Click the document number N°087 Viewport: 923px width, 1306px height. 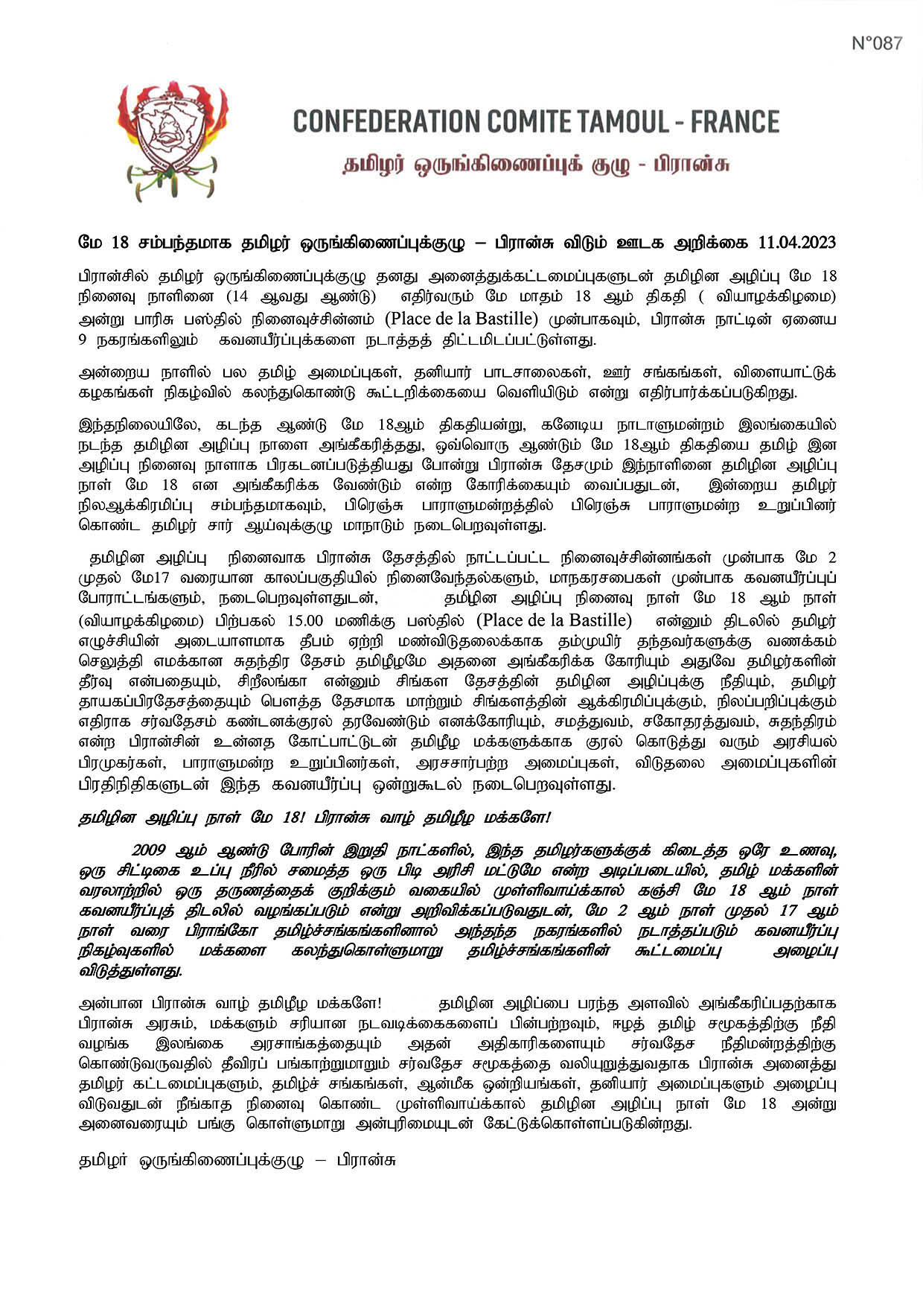point(876,43)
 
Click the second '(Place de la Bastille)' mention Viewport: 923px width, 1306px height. point(554,620)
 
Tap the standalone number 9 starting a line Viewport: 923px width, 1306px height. point(83,342)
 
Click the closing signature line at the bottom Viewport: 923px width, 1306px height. point(236,1160)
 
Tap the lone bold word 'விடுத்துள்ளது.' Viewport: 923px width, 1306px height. point(130,972)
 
